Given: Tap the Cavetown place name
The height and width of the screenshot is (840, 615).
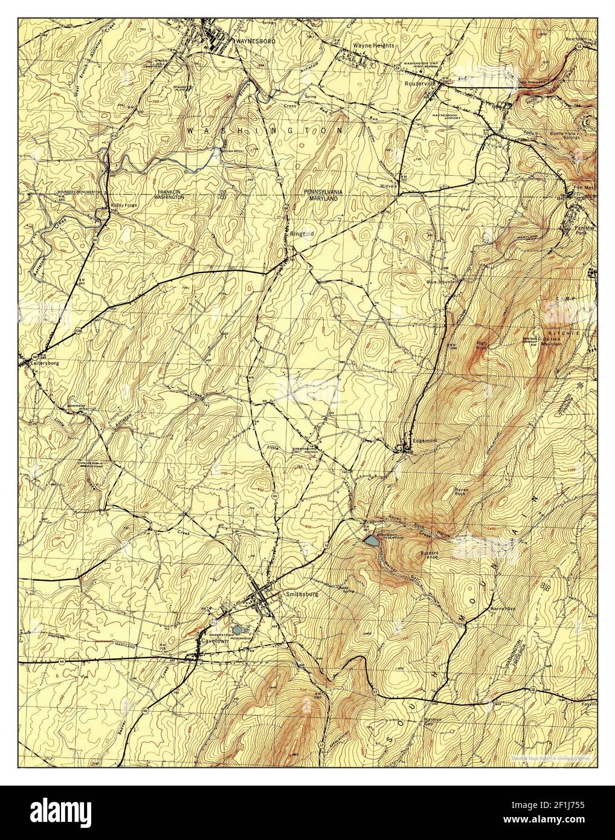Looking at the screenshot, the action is pyautogui.click(x=217, y=637).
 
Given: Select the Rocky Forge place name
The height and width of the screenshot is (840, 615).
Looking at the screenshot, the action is pyautogui.click(x=124, y=205).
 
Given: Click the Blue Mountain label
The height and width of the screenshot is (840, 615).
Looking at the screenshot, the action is pyautogui.click(x=443, y=282).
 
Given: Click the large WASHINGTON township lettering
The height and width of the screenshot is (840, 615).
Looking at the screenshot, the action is pyautogui.click(x=266, y=130).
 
